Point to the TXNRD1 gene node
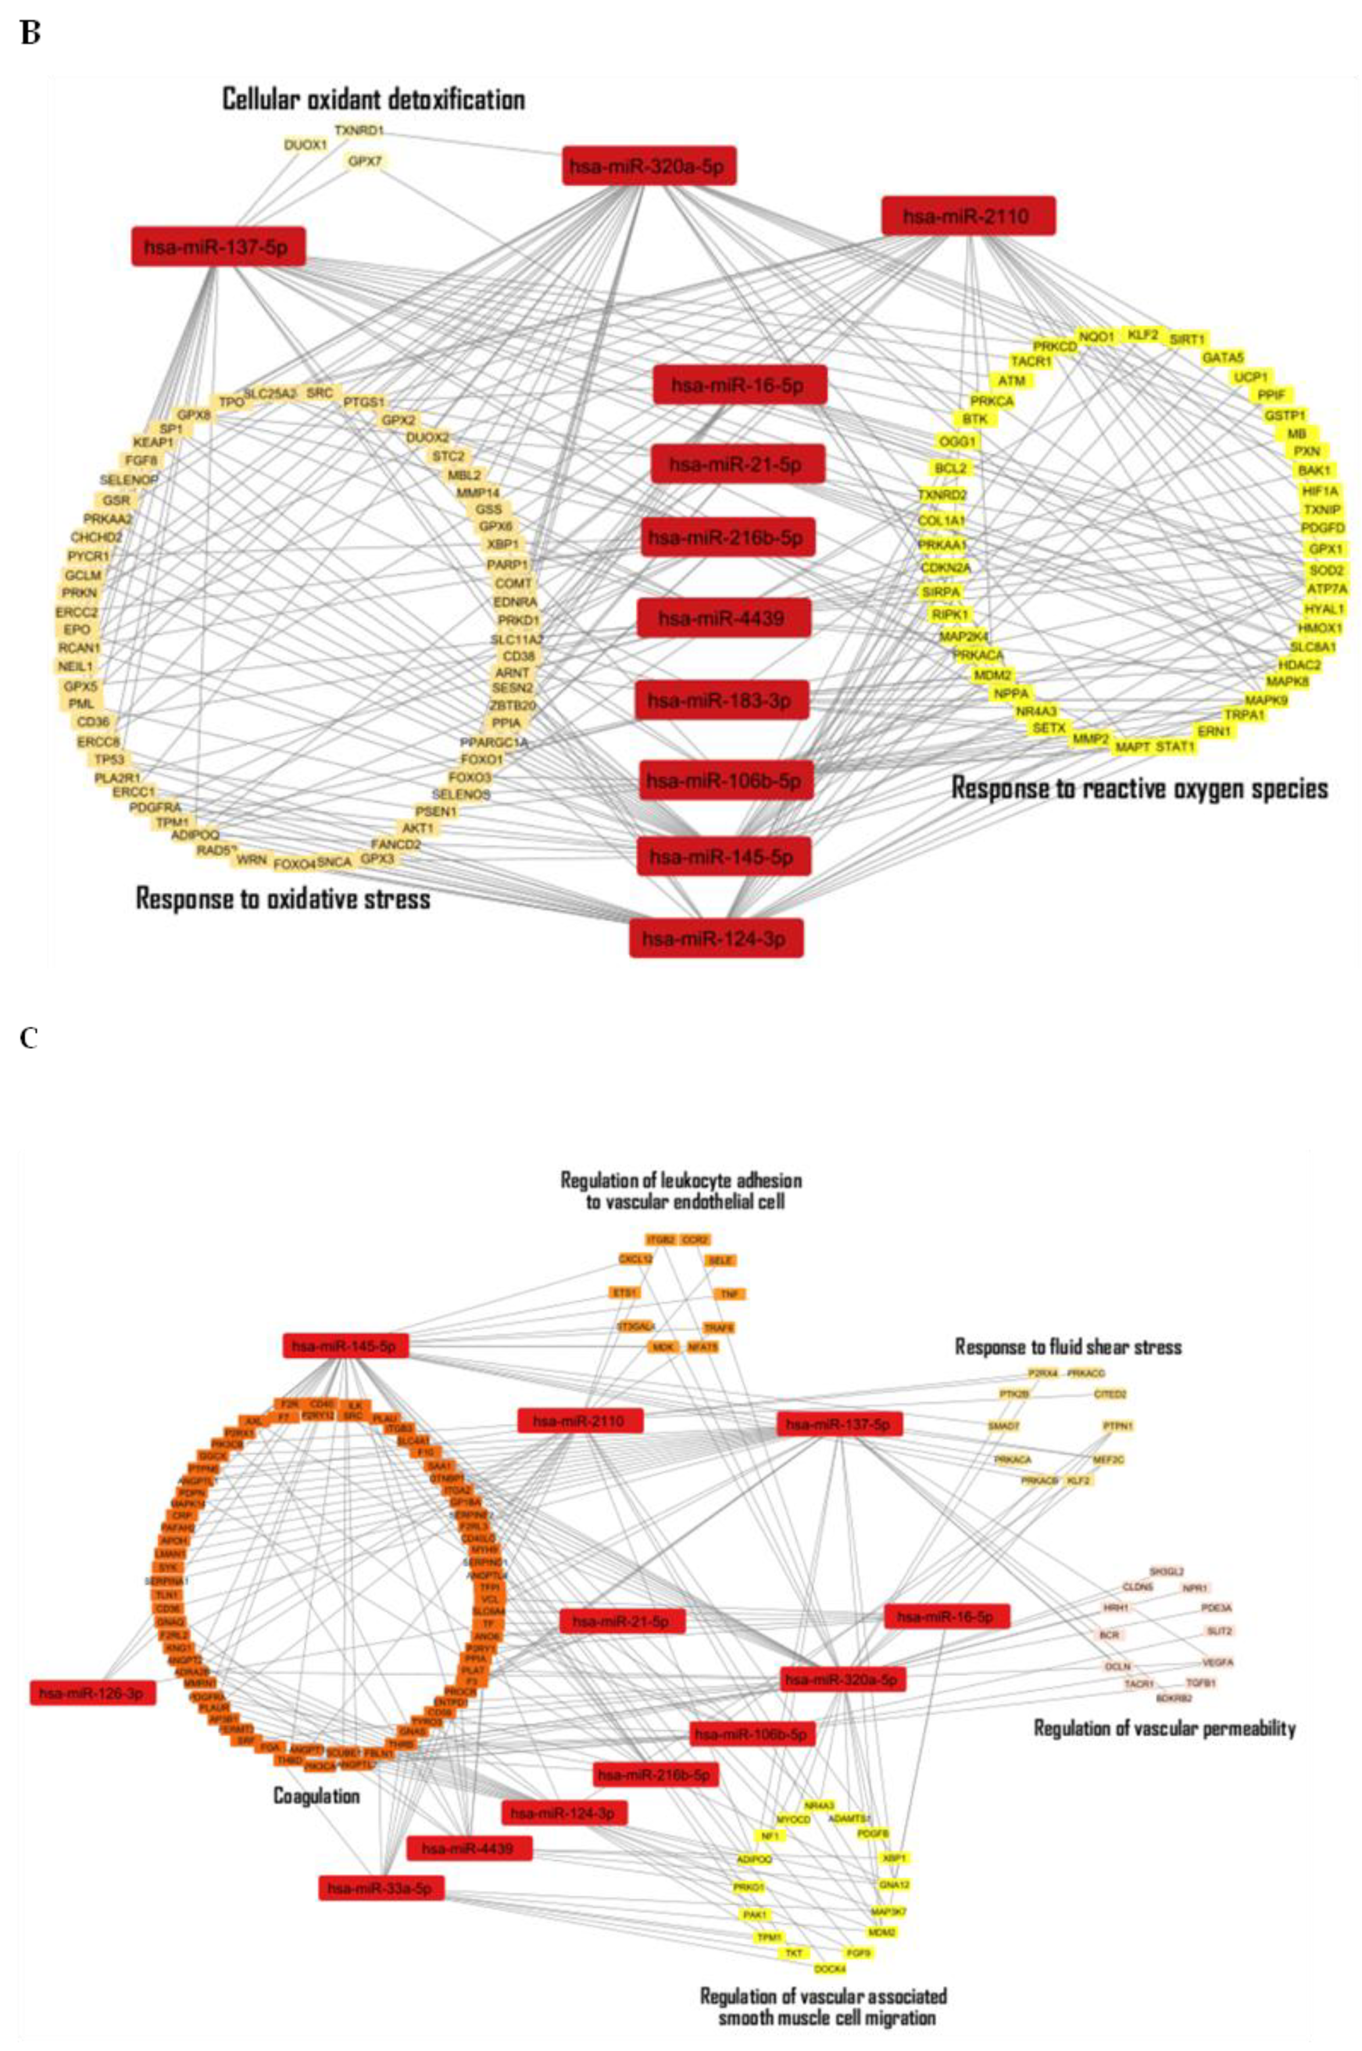coord(359,131)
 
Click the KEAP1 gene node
coord(154,442)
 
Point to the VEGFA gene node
coord(1217,1663)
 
